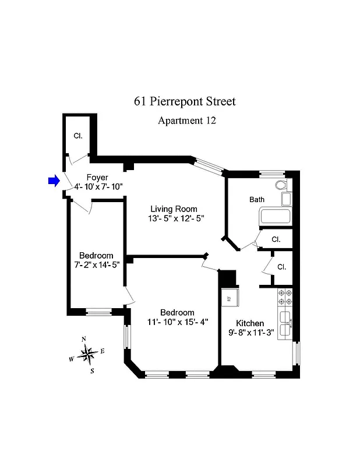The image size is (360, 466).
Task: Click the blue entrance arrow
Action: (x=54, y=181)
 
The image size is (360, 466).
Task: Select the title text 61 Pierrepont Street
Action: (x=185, y=101)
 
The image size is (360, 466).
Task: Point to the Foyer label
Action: (x=97, y=178)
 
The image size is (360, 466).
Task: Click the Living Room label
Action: (x=174, y=209)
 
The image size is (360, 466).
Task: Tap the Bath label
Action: (x=257, y=199)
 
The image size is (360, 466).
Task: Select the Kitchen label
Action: (x=250, y=323)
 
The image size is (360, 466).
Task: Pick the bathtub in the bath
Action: (x=275, y=217)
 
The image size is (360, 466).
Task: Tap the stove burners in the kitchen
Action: (x=285, y=297)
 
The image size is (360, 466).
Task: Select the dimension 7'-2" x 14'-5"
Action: (x=96, y=265)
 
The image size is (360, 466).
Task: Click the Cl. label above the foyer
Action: (x=78, y=136)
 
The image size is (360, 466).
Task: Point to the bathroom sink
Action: (x=286, y=199)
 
